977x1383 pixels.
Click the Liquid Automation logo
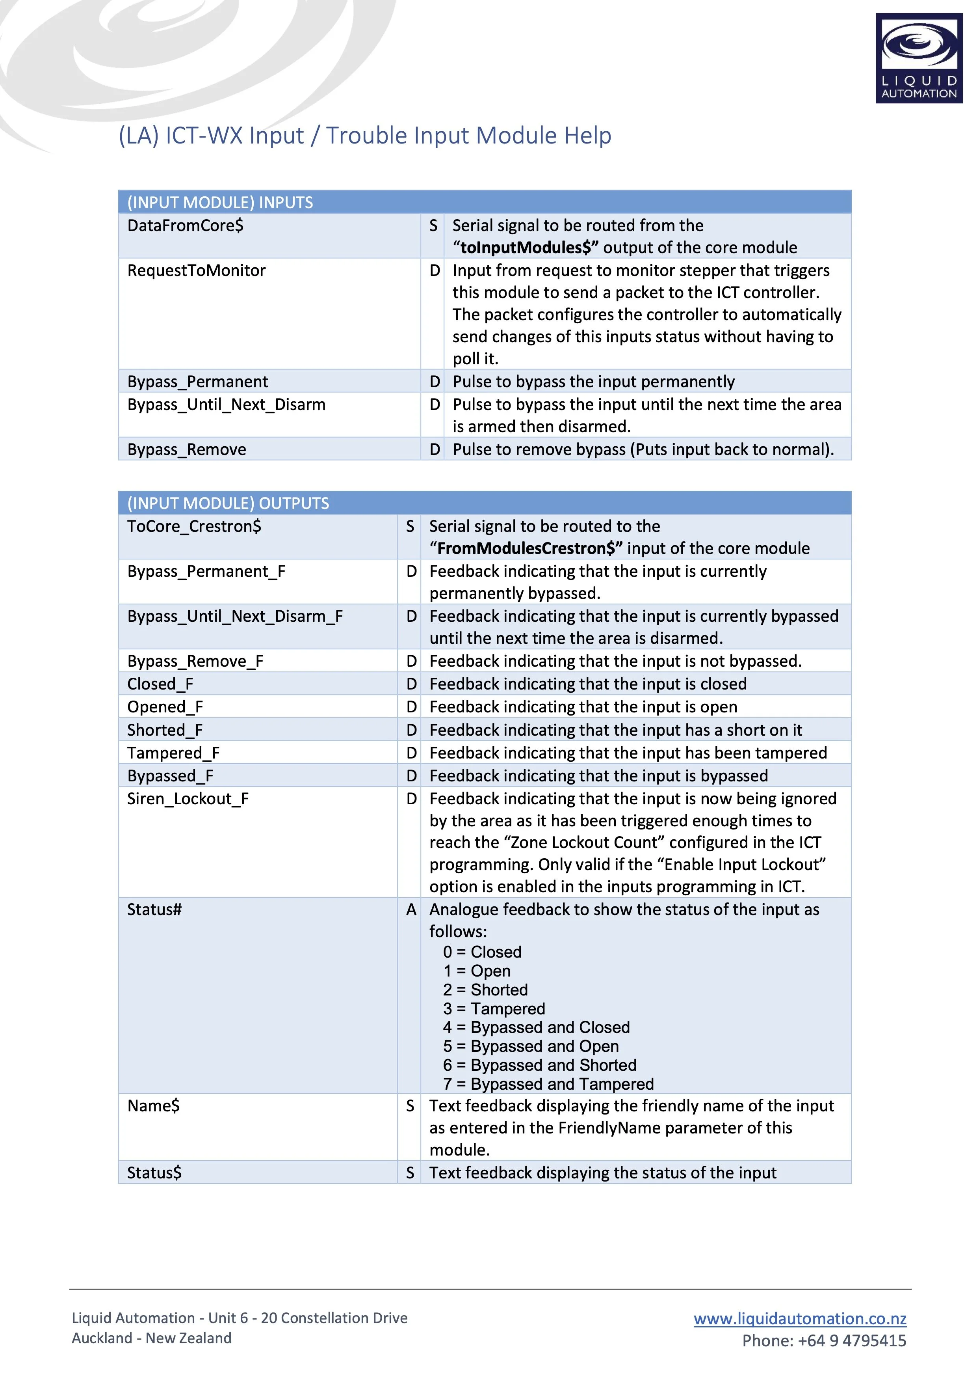tap(919, 58)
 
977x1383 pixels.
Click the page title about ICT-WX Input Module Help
tap(365, 136)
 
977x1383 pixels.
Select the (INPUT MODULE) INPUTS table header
tap(220, 202)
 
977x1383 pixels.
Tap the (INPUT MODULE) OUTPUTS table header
tap(228, 503)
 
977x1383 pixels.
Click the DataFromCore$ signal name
tap(186, 225)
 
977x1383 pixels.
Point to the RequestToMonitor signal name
tap(196, 270)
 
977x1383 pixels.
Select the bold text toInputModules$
tap(529, 248)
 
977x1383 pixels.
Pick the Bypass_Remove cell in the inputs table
tap(187, 449)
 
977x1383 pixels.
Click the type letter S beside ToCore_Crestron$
tap(410, 526)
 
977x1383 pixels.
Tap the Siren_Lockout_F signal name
tap(188, 799)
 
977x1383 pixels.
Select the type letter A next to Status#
tap(411, 910)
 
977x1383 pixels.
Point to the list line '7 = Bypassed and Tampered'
tap(548, 1084)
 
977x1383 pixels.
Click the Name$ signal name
tap(154, 1106)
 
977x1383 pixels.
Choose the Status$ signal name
tap(154, 1173)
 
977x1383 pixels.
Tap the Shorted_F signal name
tap(165, 730)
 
